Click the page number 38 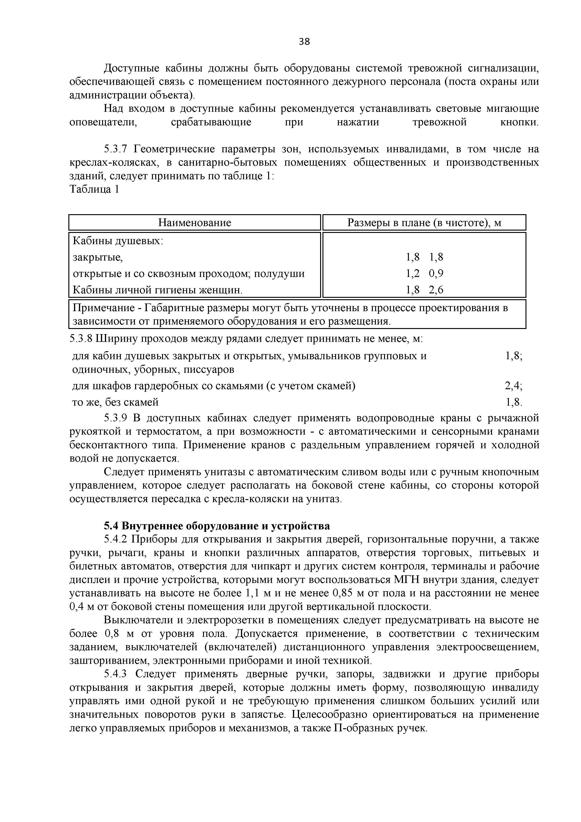(304, 41)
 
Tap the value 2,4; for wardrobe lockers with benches (513, 386)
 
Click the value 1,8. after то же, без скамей (514, 402)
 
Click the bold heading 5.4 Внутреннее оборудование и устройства (217, 526)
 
